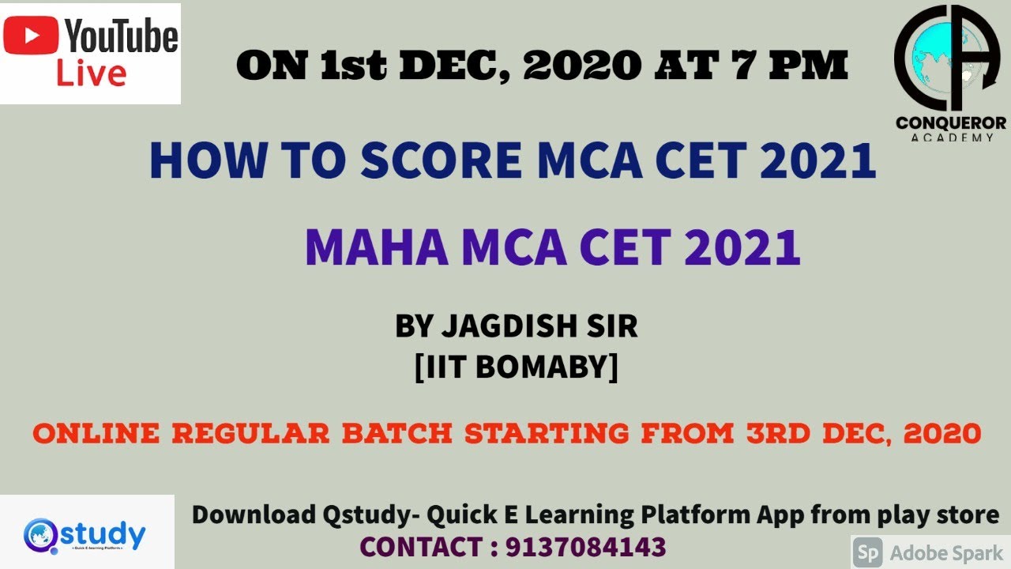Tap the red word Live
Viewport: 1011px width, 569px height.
tap(92, 73)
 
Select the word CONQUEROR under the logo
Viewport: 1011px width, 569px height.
tap(950, 122)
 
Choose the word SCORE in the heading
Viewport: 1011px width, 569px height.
tap(442, 160)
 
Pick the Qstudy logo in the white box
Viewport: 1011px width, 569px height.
tap(85, 534)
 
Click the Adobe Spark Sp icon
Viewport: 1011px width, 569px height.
tap(870, 552)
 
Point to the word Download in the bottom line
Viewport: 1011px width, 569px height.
tap(253, 515)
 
